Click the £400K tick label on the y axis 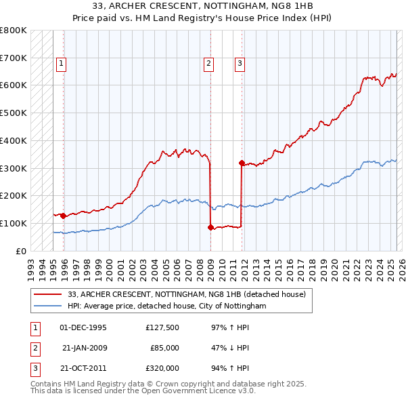coord(14,140)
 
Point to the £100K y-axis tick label coord(14,223)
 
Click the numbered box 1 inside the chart coord(61,64)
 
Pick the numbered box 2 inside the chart coord(208,64)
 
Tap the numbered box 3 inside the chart coord(240,64)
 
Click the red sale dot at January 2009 coord(210,227)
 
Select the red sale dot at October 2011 coord(242,163)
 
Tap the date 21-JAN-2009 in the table coord(84,348)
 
